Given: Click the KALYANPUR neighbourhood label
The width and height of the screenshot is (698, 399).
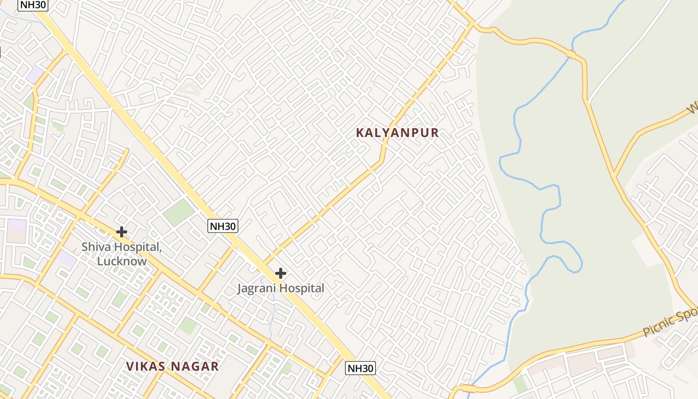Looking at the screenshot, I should (x=397, y=133).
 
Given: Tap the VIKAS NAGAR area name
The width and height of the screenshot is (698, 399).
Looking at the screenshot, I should (x=172, y=367).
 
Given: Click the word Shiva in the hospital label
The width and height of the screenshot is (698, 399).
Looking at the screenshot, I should (x=94, y=247).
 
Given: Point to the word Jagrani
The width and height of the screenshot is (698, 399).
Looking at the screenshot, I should (x=257, y=288).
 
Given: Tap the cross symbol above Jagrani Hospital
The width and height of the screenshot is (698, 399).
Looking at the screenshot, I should (x=281, y=273).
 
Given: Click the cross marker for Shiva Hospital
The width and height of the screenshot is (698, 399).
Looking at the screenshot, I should (x=121, y=232).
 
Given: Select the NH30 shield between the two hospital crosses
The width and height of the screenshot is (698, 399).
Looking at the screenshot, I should (x=222, y=226).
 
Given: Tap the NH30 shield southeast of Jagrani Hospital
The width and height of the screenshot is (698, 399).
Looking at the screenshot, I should (x=360, y=369).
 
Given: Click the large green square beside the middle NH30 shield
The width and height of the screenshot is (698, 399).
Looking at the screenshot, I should (x=178, y=212).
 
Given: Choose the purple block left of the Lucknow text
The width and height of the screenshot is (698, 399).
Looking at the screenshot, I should (x=66, y=259).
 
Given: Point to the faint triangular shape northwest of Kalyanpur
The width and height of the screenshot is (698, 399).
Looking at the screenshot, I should (x=189, y=89).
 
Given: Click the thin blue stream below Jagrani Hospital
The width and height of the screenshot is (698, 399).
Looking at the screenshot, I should (x=271, y=319).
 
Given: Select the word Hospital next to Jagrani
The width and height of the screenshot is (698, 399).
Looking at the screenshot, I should (x=302, y=288).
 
